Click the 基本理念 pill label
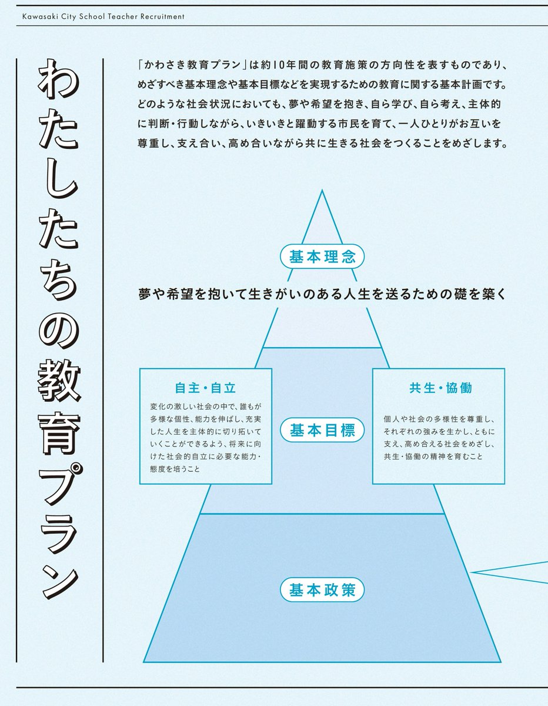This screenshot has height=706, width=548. (322, 257)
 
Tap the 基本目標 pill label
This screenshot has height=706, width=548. (322, 430)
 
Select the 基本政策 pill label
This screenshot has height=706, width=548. (322, 590)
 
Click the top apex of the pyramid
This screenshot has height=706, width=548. (322, 191)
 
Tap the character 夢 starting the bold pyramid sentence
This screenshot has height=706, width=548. (145, 294)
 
